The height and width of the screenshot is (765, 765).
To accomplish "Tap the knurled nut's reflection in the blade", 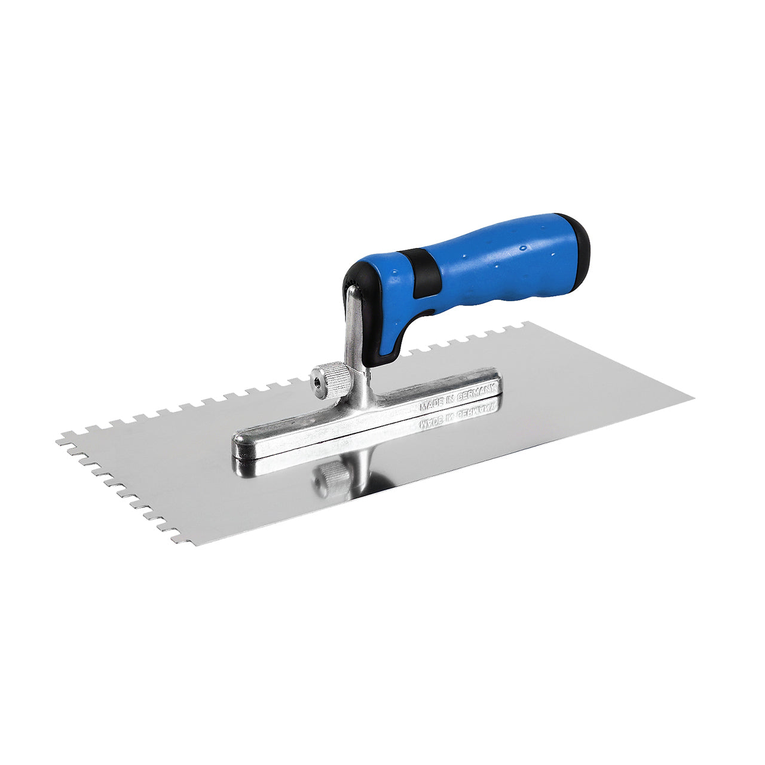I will click(x=332, y=478).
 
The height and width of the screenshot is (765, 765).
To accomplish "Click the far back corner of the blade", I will click(x=526, y=323).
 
